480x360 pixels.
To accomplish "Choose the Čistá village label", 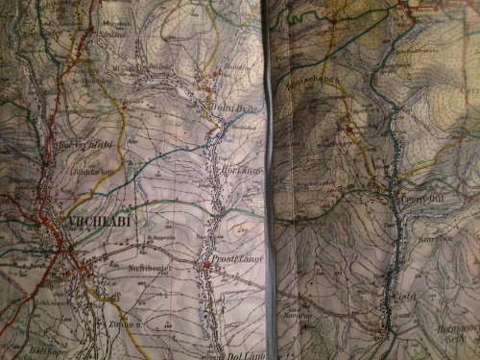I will point(403,296).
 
